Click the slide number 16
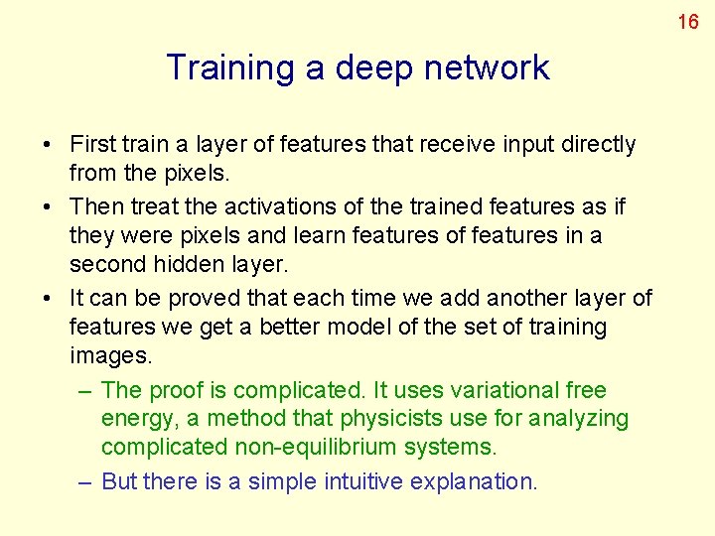[x=688, y=21]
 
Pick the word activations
[x=282, y=207]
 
